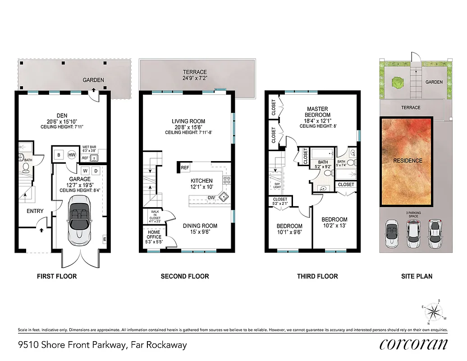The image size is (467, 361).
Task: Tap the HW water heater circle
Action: [x=72, y=155]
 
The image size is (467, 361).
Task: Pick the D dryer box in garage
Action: [x=96, y=171]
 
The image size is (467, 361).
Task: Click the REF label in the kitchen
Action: [x=184, y=168]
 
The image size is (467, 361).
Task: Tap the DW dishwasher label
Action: [x=211, y=198]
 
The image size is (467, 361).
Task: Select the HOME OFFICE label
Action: [x=154, y=235]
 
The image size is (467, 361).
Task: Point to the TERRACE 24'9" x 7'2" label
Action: [x=195, y=75]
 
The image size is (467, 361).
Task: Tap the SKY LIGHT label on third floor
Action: [x=277, y=185]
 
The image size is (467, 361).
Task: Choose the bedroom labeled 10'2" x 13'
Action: [x=334, y=222]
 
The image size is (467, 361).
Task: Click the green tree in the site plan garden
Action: [x=397, y=83]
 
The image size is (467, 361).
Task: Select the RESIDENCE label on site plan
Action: [x=407, y=160]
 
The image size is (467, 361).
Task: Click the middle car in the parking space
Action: [x=413, y=234]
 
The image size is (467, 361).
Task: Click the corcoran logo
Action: [x=414, y=344]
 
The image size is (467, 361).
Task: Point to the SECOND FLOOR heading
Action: [x=185, y=276]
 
